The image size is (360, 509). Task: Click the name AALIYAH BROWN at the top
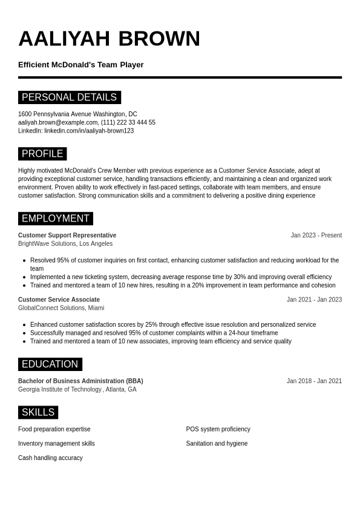(109, 39)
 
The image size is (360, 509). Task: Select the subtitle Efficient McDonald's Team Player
(80, 65)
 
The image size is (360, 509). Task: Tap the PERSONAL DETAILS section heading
(69, 97)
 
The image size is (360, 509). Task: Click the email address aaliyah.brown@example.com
(57, 122)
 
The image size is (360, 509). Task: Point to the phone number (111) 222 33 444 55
(128, 122)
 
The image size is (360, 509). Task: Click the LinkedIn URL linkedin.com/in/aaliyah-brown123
(89, 131)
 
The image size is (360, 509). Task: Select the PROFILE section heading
(42, 154)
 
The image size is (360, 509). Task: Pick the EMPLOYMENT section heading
(55, 218)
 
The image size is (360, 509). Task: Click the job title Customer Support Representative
(67, 235)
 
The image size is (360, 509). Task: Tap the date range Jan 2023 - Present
(316, 235)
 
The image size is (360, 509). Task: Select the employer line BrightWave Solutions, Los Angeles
(65, 244)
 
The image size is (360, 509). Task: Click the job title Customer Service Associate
(59, 300)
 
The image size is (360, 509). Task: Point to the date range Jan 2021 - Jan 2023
(314, 300)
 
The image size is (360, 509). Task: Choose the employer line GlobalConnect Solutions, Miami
(61, 308)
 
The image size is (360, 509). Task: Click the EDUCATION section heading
(50, 364)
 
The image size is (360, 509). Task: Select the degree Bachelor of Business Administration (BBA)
(80, 381)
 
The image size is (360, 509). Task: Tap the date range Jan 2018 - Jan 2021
(314, 381)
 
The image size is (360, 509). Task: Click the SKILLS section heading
(38, 412)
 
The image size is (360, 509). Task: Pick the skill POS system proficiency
(218, 429)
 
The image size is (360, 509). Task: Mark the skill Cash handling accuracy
(50, 458)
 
